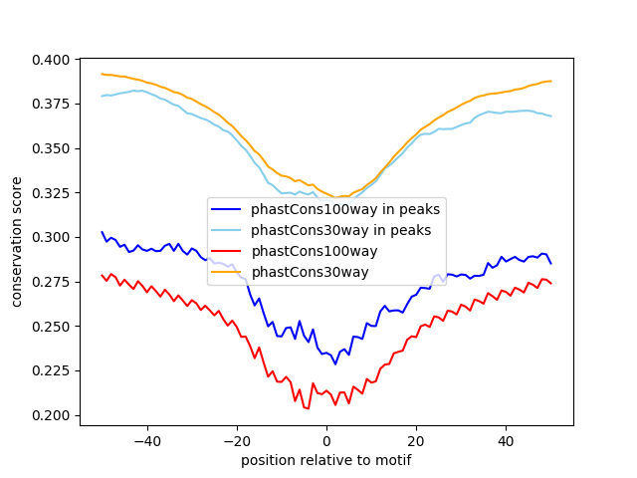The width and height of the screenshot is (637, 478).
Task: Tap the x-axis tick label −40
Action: click(147, 440)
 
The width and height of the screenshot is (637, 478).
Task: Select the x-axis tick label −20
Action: click(237, 440)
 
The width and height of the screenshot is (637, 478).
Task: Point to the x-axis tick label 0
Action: click(326, 440)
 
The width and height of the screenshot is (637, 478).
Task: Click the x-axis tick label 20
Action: click(416, 440)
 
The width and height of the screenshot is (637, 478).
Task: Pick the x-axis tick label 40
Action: click(506, 440)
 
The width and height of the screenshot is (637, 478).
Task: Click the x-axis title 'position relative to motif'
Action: click(325, 460)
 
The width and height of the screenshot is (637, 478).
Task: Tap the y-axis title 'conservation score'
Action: click(18, 242)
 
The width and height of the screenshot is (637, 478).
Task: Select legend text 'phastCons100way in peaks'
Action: click(345, 209)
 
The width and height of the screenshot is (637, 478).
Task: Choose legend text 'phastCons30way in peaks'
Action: click(341, 230)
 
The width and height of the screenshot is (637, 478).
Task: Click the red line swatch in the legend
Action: click(227, 251)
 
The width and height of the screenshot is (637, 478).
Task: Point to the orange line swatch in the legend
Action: click(227, 272)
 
